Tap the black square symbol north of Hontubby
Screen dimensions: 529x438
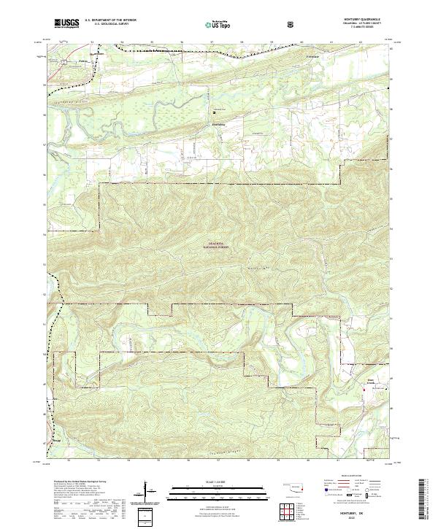pyautogui.click(x=215, y=112)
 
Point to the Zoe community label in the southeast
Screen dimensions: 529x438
pyautogui.click(x=369, y=380)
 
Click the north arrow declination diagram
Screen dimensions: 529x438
pyautogui.click(x=151, y=493)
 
